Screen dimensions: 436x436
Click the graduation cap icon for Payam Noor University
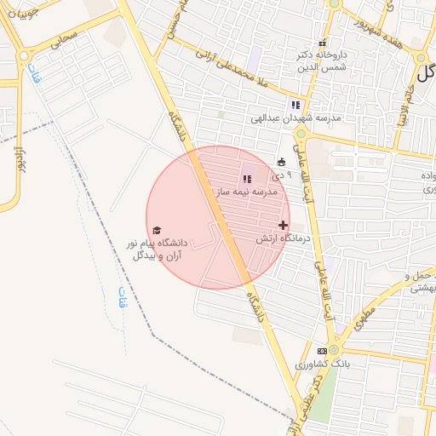[157, 230]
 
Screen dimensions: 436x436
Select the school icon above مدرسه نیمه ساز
[247, 179]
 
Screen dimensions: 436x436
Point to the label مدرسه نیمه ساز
[248, 192]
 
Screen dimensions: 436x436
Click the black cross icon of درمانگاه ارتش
[284, 226]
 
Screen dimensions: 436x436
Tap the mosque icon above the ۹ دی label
[281, 162]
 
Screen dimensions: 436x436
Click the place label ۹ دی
[281, 175]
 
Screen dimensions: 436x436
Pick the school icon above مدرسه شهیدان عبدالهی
[295, 104]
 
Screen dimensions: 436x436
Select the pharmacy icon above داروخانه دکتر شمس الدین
[322, 43]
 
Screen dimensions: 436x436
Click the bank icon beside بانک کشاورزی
[322, 351]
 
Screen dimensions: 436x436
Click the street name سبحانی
[63, 37]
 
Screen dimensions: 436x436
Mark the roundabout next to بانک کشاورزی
[334, 349]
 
